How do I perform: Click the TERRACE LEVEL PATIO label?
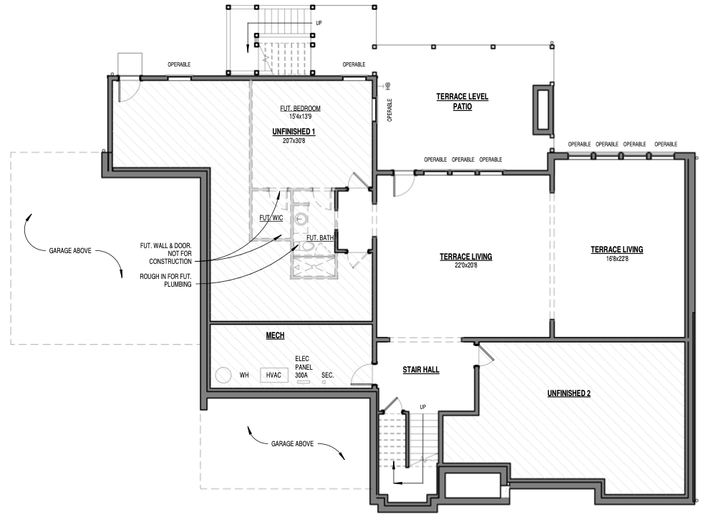point(462,102)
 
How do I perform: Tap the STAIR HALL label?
point(421,370)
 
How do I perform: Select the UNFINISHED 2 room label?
point(568,393)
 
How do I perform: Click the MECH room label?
point(275,335)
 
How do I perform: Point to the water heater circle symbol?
point(223,375)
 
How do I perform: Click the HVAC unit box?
point(273,375)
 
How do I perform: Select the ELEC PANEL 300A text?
point(304,367)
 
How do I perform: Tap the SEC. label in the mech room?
point(327,375)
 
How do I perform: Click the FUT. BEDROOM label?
point(300,108)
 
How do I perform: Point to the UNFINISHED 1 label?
point(294,132)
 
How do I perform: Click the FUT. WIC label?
point(271,218)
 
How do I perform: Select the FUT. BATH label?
point(320,237)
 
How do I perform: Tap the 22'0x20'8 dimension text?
point(466,265)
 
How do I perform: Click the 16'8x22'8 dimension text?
point(617,259)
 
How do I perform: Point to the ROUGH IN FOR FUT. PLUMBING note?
point(165,280)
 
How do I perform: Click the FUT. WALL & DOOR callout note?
point(165,254)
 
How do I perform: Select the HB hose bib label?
point(388,86)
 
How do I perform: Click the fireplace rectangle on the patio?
point(543,109)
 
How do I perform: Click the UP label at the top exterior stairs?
point(319,23)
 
